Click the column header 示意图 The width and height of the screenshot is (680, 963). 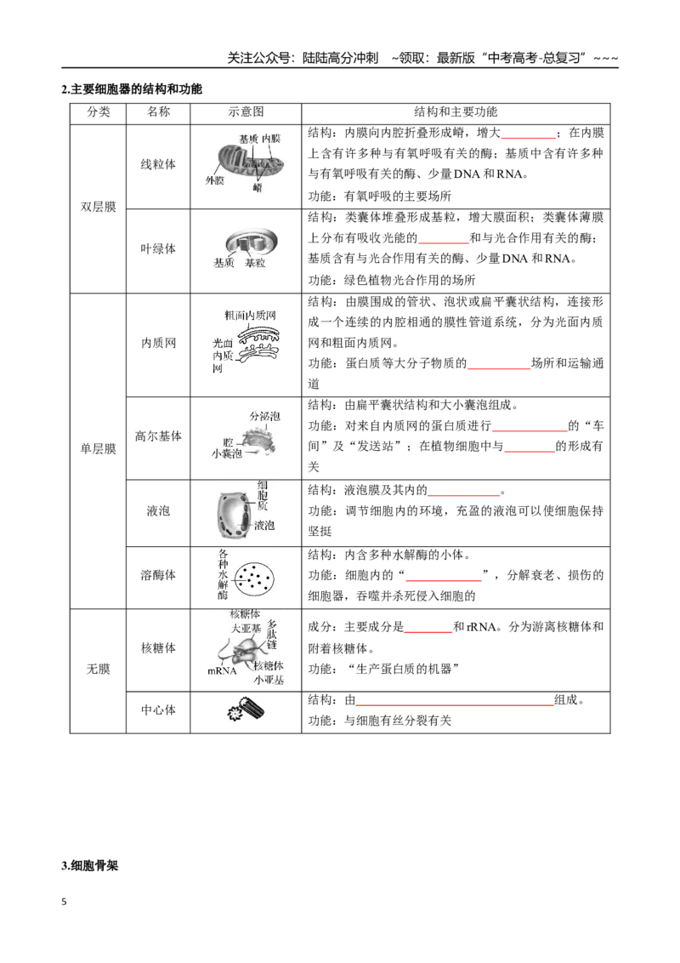tap(246, 112)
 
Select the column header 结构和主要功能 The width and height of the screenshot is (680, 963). tap(456, 112)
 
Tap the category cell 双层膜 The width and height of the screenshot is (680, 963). tap(99, 207)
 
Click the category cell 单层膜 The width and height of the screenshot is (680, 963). tap(99, 449)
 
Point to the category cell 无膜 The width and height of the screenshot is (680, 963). tap(99, 669)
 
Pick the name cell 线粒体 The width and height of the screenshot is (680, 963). tap(158, 164)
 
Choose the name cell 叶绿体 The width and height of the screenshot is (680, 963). tap(158, 248)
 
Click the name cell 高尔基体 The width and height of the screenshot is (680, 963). tap(158, 436)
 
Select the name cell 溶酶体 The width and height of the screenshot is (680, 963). tap(158, 575)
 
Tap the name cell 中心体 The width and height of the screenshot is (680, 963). tap(158, 710)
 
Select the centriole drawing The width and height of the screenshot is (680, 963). tap(246, 710)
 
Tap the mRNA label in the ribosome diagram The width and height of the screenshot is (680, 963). tap(222, 670)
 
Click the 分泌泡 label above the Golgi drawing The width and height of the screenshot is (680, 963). tap(264, 416)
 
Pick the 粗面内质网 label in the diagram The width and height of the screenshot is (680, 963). tap(251, 315)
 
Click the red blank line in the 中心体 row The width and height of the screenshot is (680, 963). tap(455, 705)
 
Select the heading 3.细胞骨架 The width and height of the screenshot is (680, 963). tap(89, 866)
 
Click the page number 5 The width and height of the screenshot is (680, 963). tap(64, 902)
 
